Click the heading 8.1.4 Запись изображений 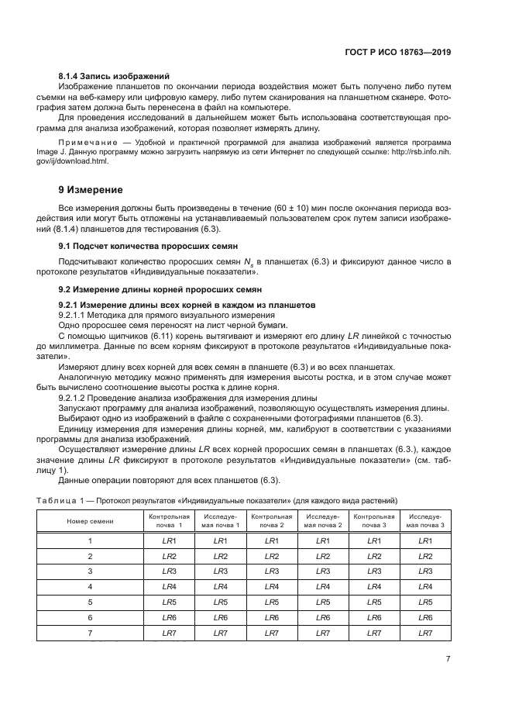114,76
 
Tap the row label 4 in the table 90,586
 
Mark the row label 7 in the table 90,633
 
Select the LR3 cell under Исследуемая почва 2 323,571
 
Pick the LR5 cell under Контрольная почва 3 374,602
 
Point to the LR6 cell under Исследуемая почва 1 220,617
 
